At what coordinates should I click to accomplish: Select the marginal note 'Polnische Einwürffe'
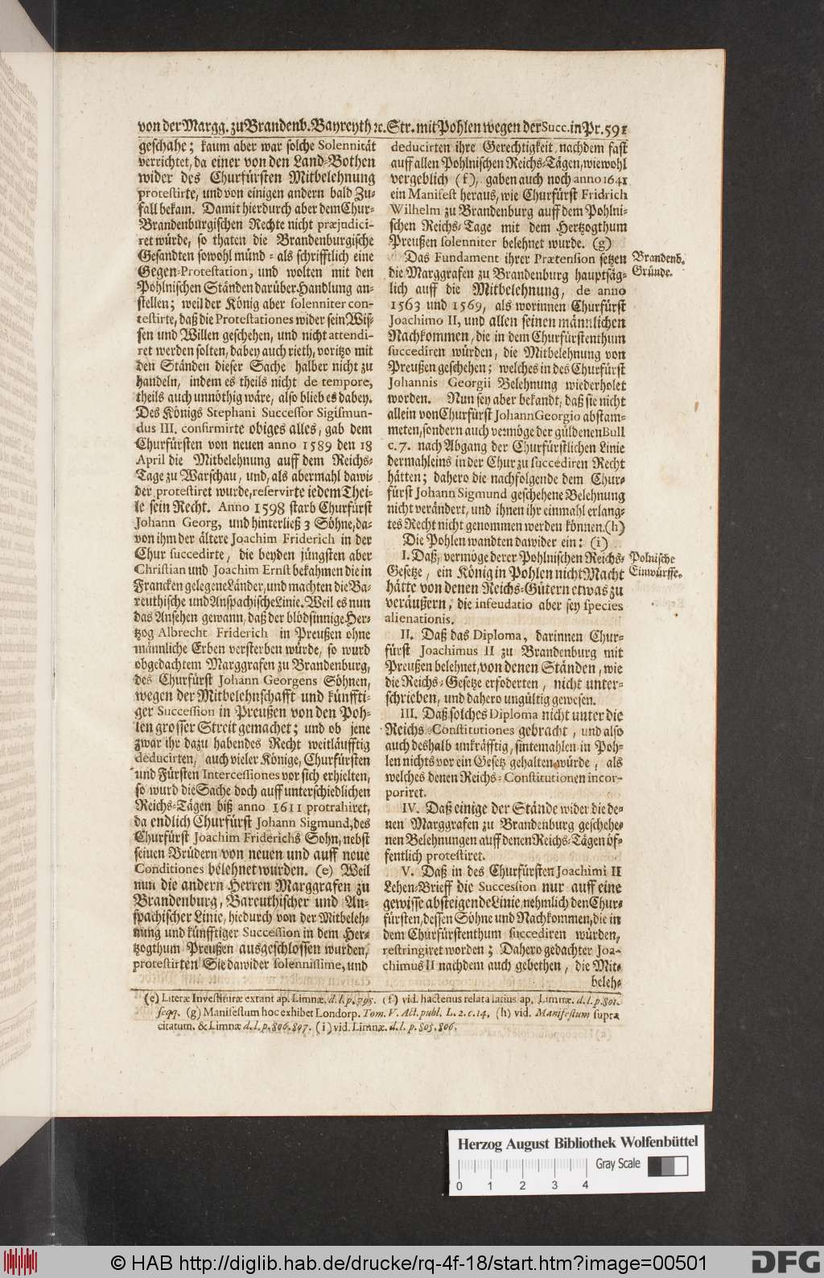click(x=657, y=565)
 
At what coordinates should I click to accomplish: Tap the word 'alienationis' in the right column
click(x=431, y=620)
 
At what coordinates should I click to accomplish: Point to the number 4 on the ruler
click(x=586, y=1185)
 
